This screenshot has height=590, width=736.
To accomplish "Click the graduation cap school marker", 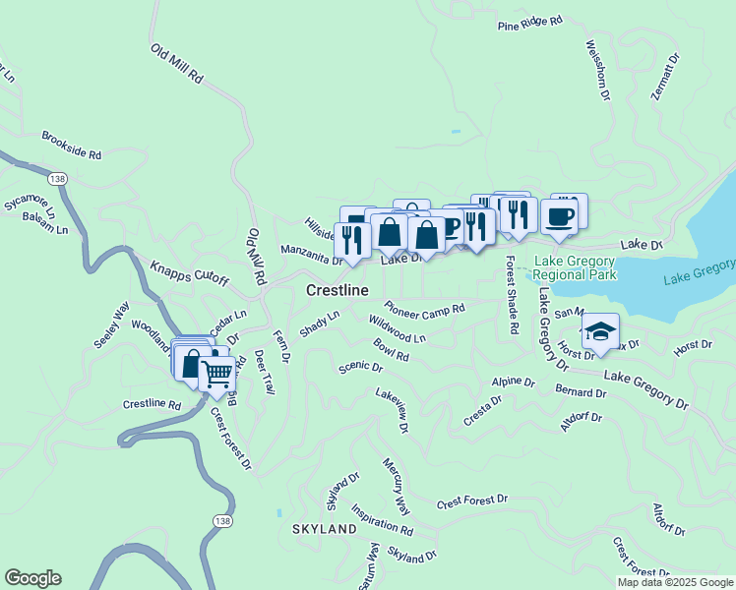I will click(x=600, y=332).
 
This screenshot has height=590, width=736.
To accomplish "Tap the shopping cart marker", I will click(x=217, y=373).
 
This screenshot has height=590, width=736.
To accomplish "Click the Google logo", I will click(x=32, y=578).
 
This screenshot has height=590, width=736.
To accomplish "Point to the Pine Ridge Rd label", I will click(x=530, y=21).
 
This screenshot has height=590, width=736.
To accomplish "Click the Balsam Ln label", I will click(x=48, y=229).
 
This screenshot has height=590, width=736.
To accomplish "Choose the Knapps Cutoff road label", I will click(x=189, y=272).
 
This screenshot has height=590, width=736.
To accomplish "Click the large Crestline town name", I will click(x=337, y=291).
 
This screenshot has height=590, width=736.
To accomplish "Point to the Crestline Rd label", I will click(x=153, y=404).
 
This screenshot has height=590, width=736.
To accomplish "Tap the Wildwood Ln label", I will click(x=397, y=329).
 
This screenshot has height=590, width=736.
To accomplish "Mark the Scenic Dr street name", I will click(x=359, y=367).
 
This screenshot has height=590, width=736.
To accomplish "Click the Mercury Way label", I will click(x=397, y=486).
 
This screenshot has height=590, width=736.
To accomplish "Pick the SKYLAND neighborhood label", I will click(x=324, y=529).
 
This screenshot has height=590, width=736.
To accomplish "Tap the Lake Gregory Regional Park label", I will click(x=575, y=267).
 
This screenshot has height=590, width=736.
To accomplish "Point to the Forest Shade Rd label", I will click(x=512, y=296).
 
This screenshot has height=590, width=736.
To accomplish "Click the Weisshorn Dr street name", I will click(x=597, y=71).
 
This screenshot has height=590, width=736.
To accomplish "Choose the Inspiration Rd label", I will click(x=382, y=523).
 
